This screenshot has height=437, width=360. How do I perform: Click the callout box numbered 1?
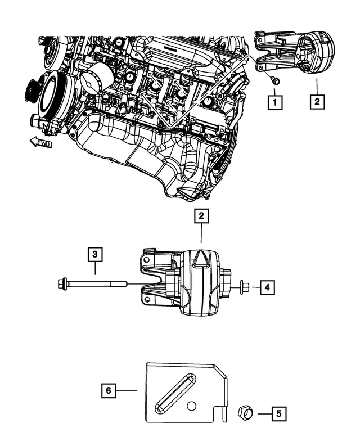tap(274, 102)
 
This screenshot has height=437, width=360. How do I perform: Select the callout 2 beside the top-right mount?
tap(316, 102)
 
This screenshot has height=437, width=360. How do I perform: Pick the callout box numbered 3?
tap(96, 255)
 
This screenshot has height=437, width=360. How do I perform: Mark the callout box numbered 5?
tap(278, 414)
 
